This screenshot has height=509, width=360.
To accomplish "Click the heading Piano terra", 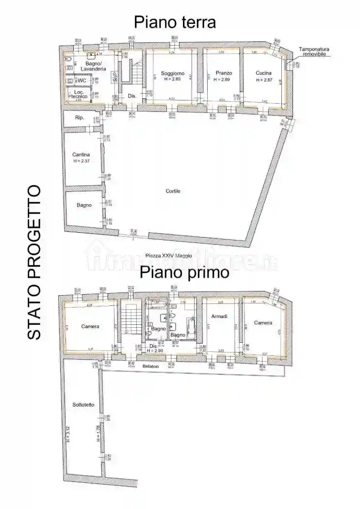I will pos(175,22).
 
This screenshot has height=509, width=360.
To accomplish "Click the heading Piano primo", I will pos(184,272).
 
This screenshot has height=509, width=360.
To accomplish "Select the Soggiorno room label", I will pos(172,73).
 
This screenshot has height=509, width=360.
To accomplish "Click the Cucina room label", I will pos(263,73).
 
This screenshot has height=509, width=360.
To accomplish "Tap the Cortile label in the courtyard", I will pos(173,191).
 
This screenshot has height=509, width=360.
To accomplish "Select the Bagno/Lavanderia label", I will pos(93,66).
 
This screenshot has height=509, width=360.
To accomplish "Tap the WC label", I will pos(82,80).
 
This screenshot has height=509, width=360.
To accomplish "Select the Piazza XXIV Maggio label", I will pos(168,255).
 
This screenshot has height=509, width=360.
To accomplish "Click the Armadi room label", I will pos(220,317).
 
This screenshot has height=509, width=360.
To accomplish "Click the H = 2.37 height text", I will pos(82,161).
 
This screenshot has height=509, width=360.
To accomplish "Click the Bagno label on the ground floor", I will pos(84,205).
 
